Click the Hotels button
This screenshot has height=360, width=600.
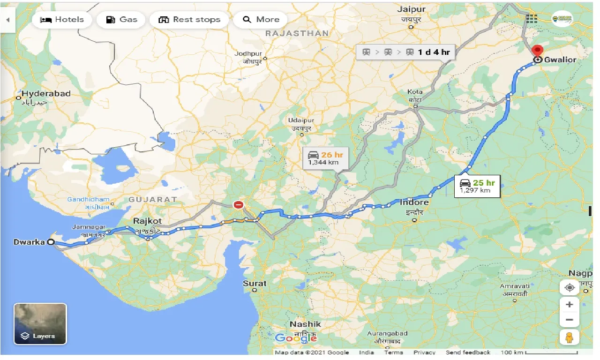coord(62,20)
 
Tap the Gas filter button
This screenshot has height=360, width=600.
coord(121,20)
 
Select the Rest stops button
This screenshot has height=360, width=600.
coord(189,20)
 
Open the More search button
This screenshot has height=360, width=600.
coord(262,20)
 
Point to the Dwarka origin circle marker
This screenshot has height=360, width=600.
coord(51,242)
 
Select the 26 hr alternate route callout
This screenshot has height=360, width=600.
coord(326,157)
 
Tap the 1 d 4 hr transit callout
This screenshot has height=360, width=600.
coord(406,52)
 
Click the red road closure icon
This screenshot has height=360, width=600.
coord(239,205)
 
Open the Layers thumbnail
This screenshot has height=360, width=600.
coord(40,324)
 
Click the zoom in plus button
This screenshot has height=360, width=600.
coord(570,305)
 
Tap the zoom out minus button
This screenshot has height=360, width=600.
coord(570,320)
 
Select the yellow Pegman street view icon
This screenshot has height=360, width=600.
coord(570,337)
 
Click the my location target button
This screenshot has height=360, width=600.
coord(570,287)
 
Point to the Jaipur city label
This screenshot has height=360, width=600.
coord(411,9)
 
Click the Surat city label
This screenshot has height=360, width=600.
coord(255,283)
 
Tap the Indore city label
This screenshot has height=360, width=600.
coord(414,202)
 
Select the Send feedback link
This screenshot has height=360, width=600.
coord(468,352)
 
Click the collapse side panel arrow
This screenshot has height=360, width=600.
coord(7,20)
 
